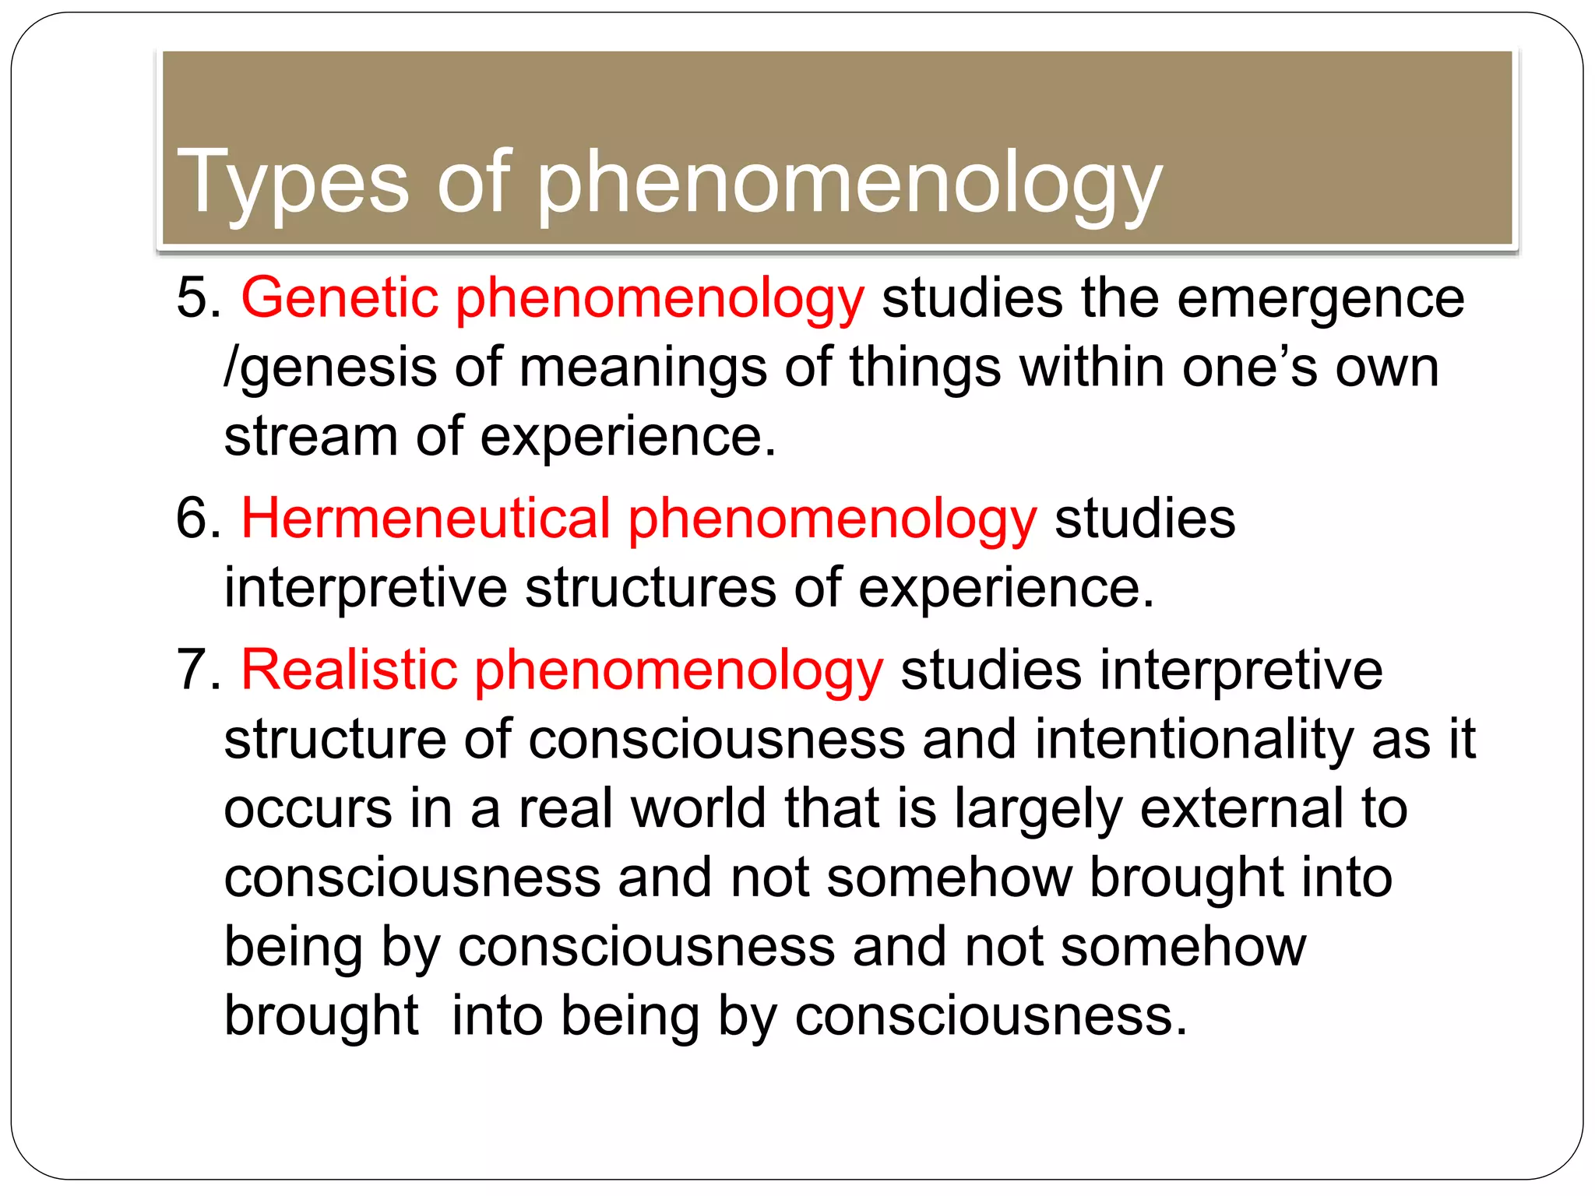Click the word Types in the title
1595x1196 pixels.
[293, 182]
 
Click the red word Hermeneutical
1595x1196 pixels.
[426, 519]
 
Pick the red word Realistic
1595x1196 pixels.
[349, 670]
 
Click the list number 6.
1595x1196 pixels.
[198, 519]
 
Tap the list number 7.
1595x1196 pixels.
[198, 670]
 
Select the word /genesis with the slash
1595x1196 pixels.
[330, 368]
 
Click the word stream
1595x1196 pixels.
[311, 436]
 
